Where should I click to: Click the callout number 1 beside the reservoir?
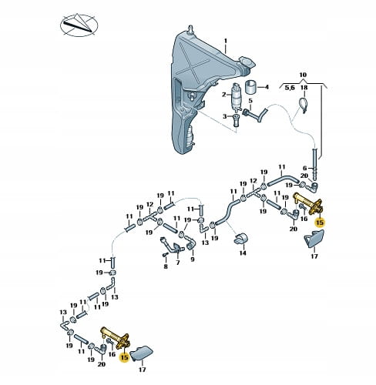[x=226, y=42]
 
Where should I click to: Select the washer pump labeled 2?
[x=237, y=95]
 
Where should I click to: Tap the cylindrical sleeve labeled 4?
[x=250, y=88]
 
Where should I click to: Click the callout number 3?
[x=225, y=116]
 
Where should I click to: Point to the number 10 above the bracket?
[x=303, y=75]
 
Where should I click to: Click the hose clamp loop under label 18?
[x=304, y=104]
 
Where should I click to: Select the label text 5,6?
[x=290, y=88]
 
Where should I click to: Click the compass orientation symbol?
[x=79, y=25]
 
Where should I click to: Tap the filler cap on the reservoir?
[x=247, y=62]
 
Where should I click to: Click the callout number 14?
[x=243, y=253]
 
